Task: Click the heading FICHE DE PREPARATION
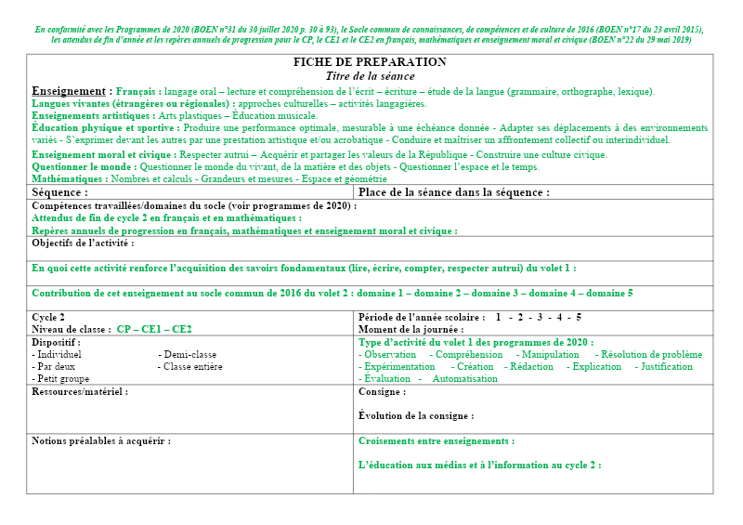[371, 62]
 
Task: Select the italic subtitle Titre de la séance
[371, 75]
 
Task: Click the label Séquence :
[60, 192]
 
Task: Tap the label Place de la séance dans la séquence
[453, 192]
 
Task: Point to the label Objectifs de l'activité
[83, 243]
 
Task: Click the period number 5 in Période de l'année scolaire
[579, 317]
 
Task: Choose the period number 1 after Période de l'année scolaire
[498, 317]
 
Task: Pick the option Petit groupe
[62, 378]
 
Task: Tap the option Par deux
[55, 366]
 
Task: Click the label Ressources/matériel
[80, 392]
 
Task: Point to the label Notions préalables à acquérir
[101, 440]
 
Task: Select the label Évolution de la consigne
[415, 416]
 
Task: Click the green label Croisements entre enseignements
[436, 440]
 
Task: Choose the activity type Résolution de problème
[651, 354]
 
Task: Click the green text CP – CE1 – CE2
[154, 329]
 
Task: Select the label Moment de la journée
[411, 329]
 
